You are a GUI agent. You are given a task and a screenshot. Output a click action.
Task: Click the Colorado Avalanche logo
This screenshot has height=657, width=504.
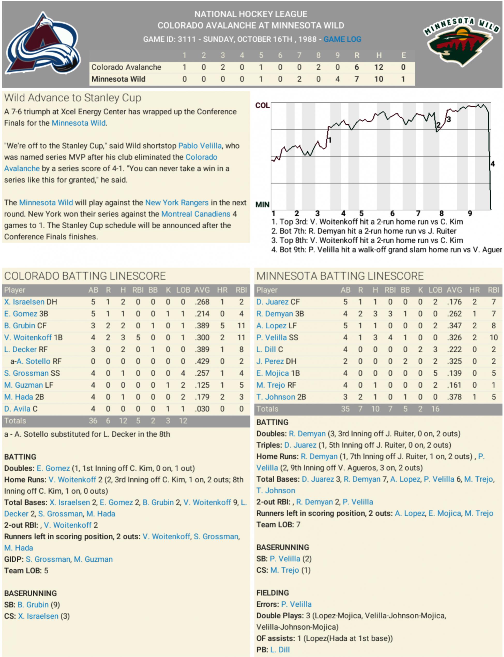pyautogui.click(x=43, y=44)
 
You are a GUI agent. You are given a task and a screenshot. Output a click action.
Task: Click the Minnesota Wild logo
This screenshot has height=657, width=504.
pyautogui.click(x=461, y=41)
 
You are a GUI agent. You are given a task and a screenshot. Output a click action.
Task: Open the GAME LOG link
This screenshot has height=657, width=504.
pyautogui.click(x=342, y=39)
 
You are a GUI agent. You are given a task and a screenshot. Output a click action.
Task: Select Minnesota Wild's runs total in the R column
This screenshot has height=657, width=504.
pyautogui.click(x=356, y=79)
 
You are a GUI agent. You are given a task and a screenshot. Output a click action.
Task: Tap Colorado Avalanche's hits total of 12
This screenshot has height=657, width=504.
pyautogui.click(x=379, y=67)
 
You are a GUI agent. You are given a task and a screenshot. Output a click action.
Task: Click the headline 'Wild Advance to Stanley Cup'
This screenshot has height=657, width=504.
pyautogui.click(x=73, y=98)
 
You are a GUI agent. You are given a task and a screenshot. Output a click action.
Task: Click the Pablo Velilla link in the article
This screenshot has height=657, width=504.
pyautogui.click(x=200, y=146)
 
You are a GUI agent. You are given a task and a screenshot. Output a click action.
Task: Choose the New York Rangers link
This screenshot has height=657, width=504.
pyautogui.click(x=177, y=203)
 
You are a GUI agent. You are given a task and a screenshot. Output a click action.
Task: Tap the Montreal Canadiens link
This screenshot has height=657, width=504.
pyautogui.click(x=195, y=214)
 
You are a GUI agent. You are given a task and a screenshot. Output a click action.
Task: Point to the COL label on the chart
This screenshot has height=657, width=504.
pyautogui.click(x=262, y=105)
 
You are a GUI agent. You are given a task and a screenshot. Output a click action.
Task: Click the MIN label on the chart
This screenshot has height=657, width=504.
pyautogui.click(x=262, y=205)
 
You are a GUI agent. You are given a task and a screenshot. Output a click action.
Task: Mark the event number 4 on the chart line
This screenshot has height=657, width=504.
pyautogui.click(x=493, y=164)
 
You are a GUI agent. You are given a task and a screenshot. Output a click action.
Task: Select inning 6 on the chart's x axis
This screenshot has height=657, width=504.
pyautogui.click(x=392, y=214)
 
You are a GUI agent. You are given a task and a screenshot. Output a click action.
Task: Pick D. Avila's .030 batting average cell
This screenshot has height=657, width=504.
pyautogui.click(x=202, y=409)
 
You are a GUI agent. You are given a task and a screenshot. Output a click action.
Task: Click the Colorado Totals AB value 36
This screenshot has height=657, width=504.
pyautogui.click(x=93, y=421)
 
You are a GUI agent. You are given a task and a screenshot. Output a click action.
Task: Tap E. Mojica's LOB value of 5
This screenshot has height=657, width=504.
pyautogui.click(x=435, y=373)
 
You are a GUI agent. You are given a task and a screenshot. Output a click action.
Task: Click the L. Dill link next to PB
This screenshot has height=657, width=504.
pyautogui.click(x=280, y=650)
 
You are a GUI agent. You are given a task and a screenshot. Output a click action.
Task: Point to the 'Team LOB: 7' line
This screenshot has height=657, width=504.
pyautogui.click(x=278, y=525)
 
